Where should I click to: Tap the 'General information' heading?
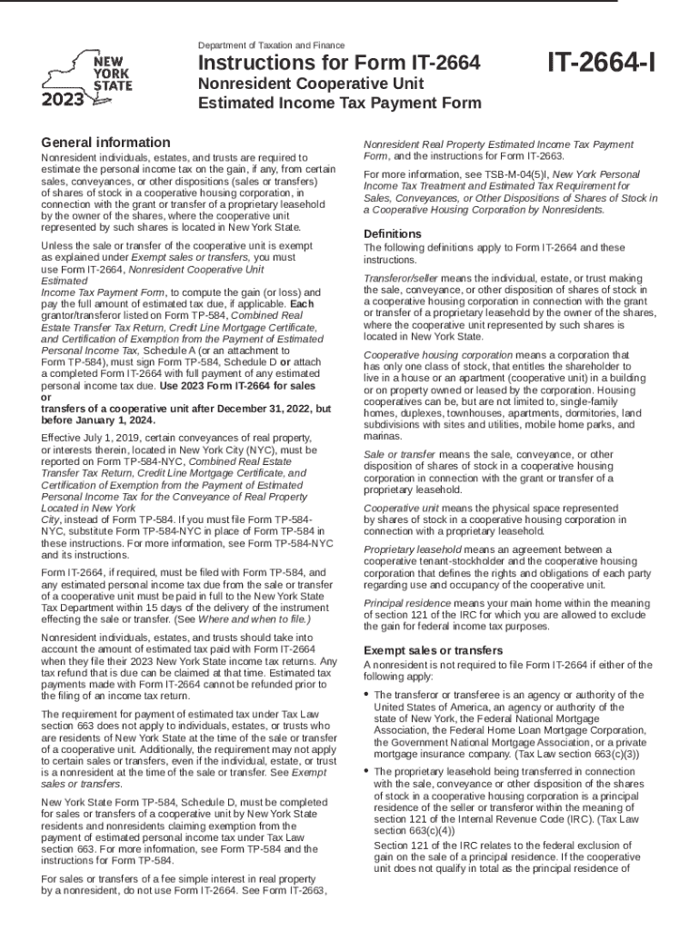tap(105, 143)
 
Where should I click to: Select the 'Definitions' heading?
tap(392, 233)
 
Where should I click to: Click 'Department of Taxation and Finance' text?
tap(271, 45)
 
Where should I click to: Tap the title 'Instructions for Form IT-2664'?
tap(339, 64)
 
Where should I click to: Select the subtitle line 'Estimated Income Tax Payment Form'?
tap(340, 103)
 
